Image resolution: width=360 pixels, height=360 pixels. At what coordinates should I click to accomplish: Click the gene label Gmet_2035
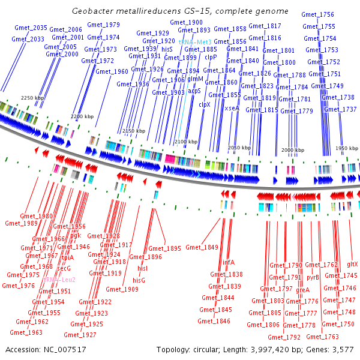31,28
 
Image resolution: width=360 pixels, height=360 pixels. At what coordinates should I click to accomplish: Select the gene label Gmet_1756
319,14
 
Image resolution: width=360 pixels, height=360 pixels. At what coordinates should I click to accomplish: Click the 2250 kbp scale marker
32,97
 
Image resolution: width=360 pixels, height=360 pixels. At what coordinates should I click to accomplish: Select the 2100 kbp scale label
185,142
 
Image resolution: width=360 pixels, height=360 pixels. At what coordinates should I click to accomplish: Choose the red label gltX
352,265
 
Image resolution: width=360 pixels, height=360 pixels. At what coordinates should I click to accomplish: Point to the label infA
229,262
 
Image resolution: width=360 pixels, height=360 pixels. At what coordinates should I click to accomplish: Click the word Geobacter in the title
92,11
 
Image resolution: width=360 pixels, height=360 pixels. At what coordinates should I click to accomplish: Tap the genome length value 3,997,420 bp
274,349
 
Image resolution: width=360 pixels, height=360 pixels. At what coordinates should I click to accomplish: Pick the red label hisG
139,280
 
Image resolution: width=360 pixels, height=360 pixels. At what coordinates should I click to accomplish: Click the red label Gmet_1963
26,332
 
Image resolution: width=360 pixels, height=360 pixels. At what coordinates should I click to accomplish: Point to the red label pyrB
313,278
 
